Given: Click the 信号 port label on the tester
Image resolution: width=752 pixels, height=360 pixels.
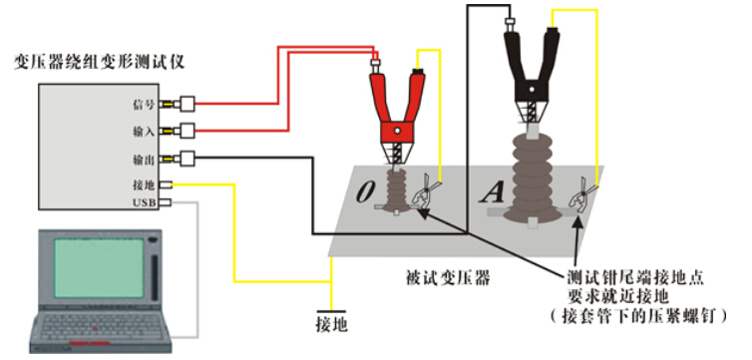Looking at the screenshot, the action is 144,104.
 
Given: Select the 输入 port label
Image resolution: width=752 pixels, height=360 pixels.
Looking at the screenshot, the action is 144,132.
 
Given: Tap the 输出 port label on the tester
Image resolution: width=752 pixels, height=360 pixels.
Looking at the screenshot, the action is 144,159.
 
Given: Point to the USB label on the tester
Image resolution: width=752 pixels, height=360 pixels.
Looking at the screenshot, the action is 144,202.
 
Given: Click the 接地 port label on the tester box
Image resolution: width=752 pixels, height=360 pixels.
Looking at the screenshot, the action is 144,184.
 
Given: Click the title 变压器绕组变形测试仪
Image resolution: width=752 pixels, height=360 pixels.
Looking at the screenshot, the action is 100,63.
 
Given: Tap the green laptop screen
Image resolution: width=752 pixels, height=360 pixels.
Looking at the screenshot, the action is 99,267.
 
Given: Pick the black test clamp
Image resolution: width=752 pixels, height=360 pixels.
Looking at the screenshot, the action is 531,72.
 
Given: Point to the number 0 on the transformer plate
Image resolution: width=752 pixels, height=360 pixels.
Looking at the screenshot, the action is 365,191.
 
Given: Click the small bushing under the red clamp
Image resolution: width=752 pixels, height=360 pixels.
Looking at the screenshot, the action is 396,191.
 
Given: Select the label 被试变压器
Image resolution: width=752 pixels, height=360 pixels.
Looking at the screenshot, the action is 448,278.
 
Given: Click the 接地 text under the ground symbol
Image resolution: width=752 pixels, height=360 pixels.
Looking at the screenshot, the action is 331,325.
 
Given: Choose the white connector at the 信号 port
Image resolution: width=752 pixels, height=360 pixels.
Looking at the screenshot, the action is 188,104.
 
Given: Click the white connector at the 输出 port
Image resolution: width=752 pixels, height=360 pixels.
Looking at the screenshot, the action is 188,159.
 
